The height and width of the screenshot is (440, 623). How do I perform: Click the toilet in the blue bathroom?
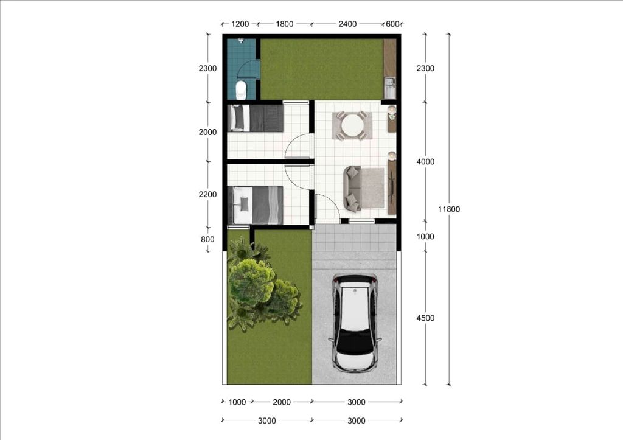coord(241,90)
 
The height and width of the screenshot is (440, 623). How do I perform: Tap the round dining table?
coord(352,125)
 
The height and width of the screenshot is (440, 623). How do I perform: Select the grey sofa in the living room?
coord(352,189)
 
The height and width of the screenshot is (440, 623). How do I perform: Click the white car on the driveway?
coord(355,322)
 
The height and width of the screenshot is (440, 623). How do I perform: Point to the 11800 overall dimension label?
coord(449,209)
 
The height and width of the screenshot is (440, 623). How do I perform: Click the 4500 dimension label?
coord(425,318)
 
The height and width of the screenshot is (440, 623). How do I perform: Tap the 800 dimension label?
coord(207,239)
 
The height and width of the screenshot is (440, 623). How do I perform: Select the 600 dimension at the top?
coord(392,24)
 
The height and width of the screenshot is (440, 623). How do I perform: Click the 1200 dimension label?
coord(240,24)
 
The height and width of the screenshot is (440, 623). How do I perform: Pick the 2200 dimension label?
coord(208,194)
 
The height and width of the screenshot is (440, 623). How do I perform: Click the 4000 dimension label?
coord(425,162)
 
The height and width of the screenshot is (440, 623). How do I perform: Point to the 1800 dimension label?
coord(285,24)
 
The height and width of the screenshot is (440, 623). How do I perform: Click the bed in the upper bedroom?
coord(255,118)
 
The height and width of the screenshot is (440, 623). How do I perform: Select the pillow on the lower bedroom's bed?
coord(245,204)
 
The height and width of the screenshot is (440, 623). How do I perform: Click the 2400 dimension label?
coord(347,24)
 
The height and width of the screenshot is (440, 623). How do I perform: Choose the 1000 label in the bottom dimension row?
coord(237,402)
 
